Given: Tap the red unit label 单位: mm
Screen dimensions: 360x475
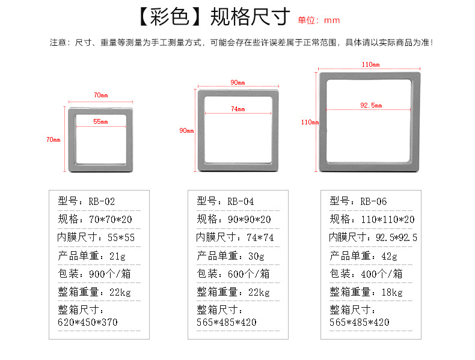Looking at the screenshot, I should tap(319, 20).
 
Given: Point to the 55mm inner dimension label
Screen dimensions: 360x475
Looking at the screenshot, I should tap(100, 122).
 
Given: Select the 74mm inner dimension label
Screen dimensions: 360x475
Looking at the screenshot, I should tap(238, 109).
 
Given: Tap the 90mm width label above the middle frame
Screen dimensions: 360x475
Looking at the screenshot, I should tap(237, 82).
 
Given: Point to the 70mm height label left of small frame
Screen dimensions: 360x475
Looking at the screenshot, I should tap(53, 140).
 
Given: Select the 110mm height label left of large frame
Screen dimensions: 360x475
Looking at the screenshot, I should tap(310, 122).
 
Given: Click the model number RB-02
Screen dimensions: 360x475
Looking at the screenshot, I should tap(101, 201).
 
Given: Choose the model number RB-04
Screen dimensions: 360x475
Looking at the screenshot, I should tap(241, 201).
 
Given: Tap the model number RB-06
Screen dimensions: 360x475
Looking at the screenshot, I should tap(373, 201).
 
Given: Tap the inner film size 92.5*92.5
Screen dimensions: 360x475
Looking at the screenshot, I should tap(396, 237).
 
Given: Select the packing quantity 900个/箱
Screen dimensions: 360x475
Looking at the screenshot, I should tap(110, 274).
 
